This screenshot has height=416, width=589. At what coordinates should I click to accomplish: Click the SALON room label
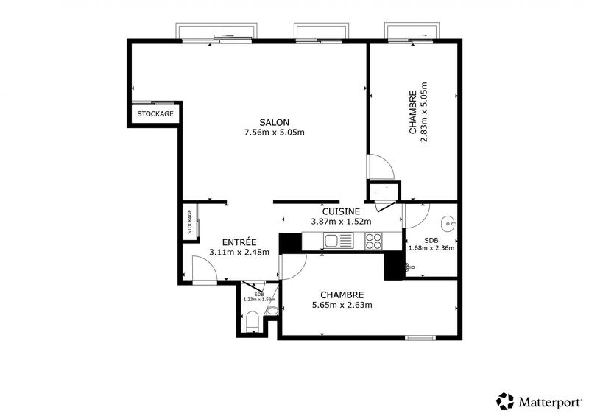[274, 122]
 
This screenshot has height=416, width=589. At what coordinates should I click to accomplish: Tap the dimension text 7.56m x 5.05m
[274, 133]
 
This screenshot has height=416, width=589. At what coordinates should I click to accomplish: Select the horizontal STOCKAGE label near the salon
[156, 114]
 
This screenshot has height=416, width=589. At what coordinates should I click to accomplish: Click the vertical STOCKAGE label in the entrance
[190, 222]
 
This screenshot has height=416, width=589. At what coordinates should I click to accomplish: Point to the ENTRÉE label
[239, 242]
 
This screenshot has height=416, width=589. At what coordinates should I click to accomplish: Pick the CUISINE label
[341, 211]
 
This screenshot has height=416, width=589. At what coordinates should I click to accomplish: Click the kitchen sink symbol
[339, 241]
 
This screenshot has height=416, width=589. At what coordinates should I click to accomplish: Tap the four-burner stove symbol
[373, 241]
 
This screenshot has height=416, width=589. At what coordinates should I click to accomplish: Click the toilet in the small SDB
[251, 320]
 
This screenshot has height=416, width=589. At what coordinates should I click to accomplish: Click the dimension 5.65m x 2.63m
[342, 305]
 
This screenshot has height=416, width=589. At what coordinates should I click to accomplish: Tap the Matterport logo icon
[505, 401]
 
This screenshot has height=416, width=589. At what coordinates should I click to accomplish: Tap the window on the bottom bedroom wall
[420, 337]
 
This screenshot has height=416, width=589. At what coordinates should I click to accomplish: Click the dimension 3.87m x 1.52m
[341, 221]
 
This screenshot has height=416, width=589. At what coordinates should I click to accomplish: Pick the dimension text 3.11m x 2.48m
[239, 252]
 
